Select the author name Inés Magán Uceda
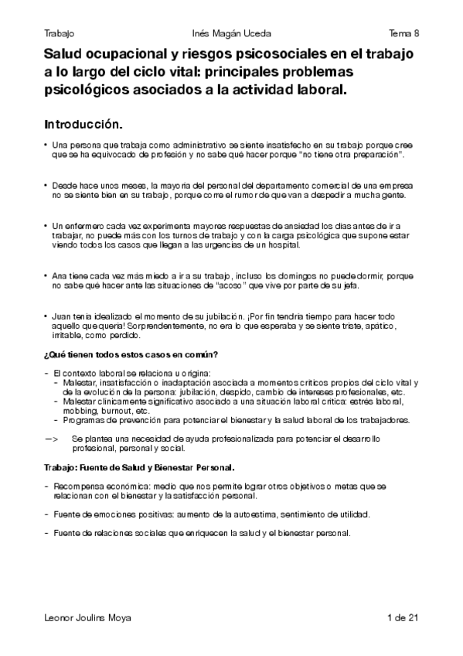click(x=231, y=33)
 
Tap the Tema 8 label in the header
click(x=403, y=33)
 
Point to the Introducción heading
click(x=83, y=123)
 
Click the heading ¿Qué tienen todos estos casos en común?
click(x=131, y=354)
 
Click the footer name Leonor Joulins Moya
click(x=87, y=617)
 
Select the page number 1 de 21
click(x=402, y=617)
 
